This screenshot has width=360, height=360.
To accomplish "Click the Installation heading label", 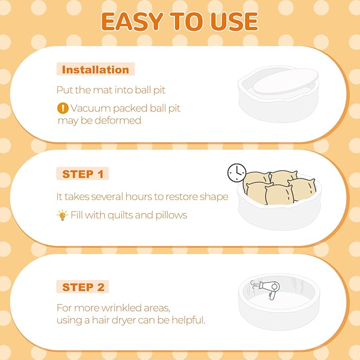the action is coord(95,69).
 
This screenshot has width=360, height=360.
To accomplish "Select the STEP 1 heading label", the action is coord(83,174).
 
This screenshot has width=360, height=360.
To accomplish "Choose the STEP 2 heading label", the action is coord(83,287).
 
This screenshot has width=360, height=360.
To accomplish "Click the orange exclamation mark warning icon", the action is coord(63,108).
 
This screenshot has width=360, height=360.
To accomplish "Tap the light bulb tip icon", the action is coord(62,215).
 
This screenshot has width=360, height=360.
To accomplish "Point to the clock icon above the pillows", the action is coord(236,173).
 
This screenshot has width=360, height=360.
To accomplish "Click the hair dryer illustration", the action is coord(269,289).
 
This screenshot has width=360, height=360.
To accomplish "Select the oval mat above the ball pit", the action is coord(286,81).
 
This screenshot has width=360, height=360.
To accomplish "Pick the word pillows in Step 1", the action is coord(171,215).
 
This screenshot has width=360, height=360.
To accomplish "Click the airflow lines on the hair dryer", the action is coord(254,285).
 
